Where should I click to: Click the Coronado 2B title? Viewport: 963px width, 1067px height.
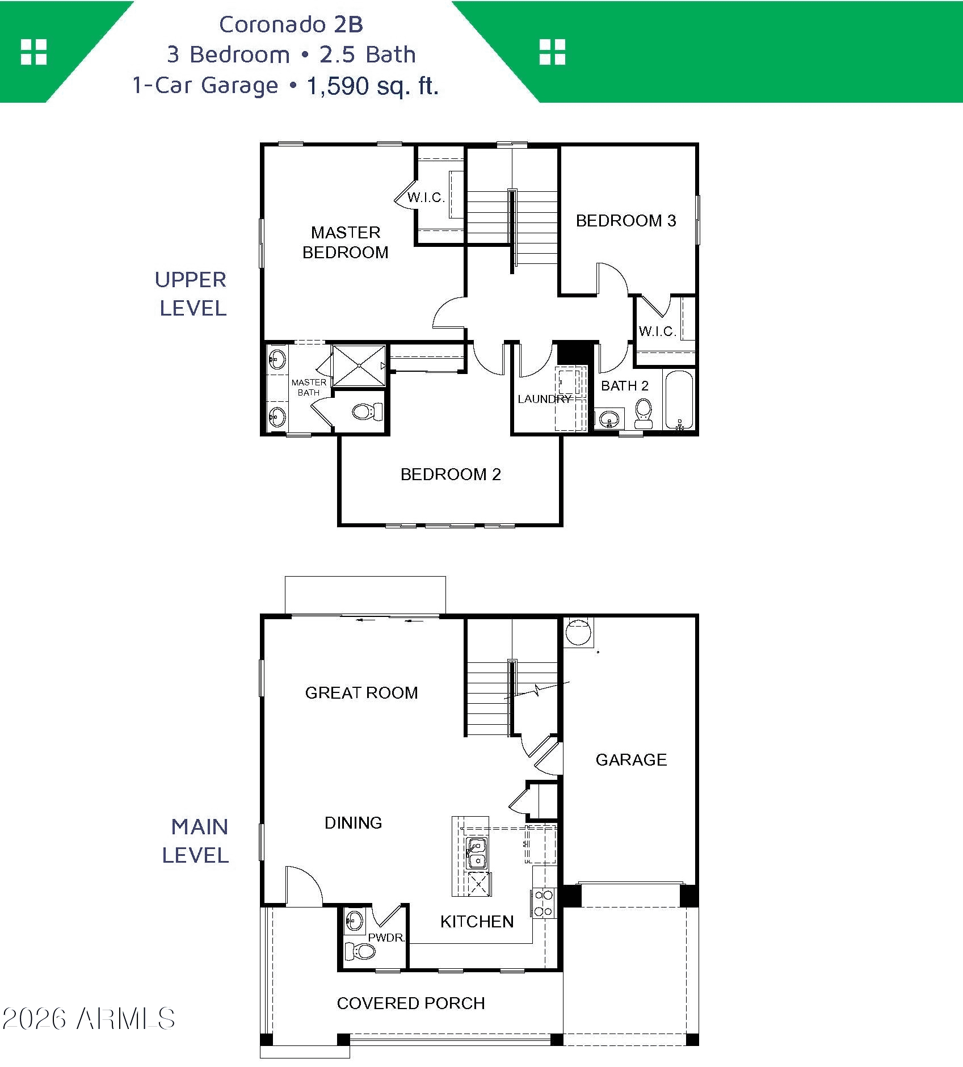tap(291, 24)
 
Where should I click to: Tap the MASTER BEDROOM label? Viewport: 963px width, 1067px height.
tap(346, 242)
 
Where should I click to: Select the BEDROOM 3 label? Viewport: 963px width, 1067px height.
tap(626, 221)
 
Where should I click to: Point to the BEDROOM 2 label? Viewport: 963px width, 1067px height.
tap(451, 474)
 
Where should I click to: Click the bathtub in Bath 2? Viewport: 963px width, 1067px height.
tap(679, 400)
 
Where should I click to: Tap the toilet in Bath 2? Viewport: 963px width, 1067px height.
tap(644, 414)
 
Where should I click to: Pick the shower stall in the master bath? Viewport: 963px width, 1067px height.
tap(359, 366)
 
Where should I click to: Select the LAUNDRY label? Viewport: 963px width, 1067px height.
tap(544, 399)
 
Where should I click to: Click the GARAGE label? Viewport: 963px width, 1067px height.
tap(631, 760)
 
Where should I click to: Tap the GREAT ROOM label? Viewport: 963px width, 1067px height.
tap(361, 693)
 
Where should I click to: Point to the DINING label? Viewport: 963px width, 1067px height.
tap(353, 823)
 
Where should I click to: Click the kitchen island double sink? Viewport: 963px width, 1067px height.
tap(477, 854)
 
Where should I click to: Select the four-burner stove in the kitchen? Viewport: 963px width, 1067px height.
tap(544, 903)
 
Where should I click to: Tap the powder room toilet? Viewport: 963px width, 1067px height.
tap(360, 951)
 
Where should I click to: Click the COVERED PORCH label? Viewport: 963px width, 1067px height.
tap(411, 1003)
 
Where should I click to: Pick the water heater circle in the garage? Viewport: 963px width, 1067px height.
tap(578, 631)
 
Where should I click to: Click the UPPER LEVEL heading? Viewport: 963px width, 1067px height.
tap(191, 294)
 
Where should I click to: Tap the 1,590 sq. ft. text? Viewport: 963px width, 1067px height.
tap(373, 86)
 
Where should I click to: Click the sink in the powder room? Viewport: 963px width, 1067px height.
tap(354, 921)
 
